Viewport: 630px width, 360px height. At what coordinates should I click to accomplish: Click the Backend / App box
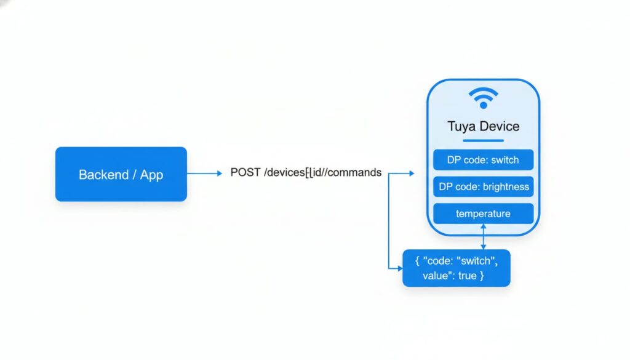tap(121, 174)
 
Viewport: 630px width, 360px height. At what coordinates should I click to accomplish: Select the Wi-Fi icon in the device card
tap(483, 98)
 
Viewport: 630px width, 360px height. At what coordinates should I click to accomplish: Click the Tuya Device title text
tap(483, 127)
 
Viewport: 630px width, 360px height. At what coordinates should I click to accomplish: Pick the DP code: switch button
tap(483, 160)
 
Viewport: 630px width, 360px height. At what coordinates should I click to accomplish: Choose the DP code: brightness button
tap(483, 187)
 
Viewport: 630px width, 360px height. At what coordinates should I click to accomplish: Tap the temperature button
tap(483, 214)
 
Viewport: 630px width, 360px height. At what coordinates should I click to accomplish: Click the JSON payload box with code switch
tap(456, 268)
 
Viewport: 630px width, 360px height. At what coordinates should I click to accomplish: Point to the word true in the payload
tap(468, 276)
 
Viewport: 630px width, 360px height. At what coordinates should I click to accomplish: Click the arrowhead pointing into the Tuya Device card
tap(411, 174)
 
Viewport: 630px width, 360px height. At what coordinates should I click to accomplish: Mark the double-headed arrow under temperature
tap(484, 237)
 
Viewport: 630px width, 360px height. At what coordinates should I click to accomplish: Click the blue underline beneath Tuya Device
tap(483, 140)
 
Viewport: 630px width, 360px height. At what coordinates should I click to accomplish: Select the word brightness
tap(506, 187)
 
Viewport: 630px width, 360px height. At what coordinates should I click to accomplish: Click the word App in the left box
tap(152, 175)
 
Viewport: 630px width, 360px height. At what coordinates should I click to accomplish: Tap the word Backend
tap(103, 175)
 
